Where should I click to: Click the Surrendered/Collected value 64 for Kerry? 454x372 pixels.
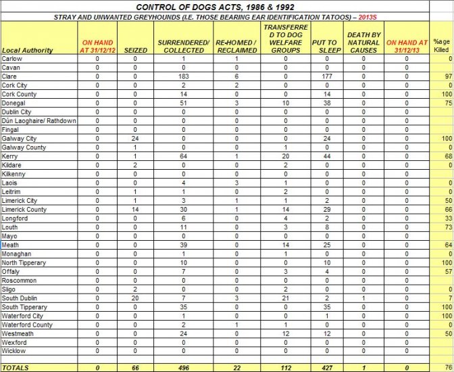183,156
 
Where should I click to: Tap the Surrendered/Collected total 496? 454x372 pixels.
183,367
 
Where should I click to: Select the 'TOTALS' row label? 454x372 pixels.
17,367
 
